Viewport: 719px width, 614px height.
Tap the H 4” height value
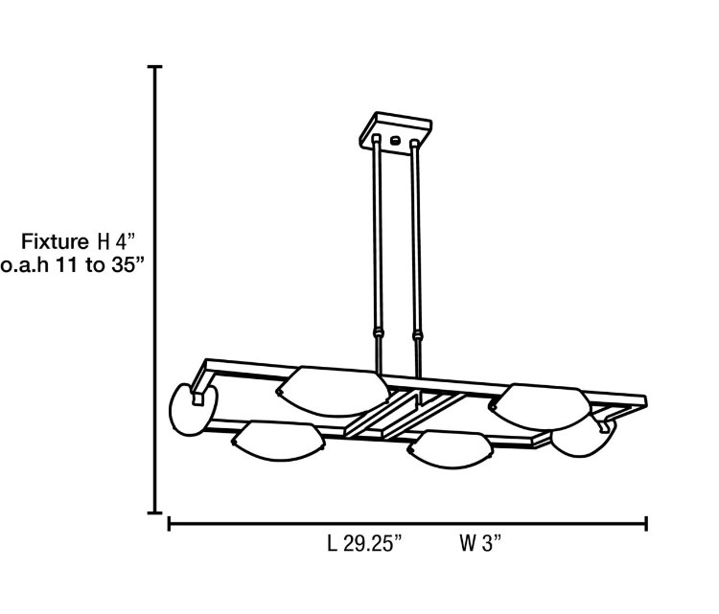pos(121,239)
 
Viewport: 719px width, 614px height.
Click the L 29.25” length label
pos(363,544)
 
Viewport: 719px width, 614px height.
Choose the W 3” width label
pos(480,544)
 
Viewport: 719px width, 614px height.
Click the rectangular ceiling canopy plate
pos(395,132)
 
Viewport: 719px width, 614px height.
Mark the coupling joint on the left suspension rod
pos(379,333)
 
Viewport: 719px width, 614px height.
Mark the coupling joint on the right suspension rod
pos(418,335)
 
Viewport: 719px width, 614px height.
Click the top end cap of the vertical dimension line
pos(154,67)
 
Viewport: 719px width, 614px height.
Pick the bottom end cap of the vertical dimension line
pos(154,512)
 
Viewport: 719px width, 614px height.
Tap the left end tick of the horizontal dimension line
pos(170,523)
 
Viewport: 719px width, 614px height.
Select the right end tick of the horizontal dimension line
pos(646,523)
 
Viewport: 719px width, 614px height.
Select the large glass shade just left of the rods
pos(334,388)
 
